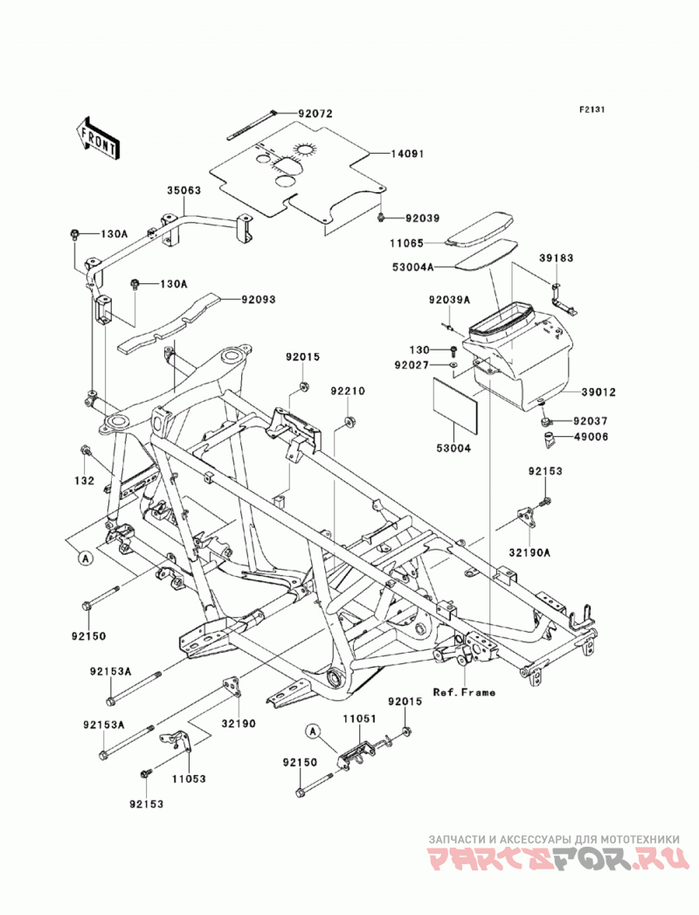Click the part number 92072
(x=315, y=114)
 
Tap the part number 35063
(x=184, y=191)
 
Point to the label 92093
(x=259, y=300)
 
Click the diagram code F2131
(x=591, y=109)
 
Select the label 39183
(x=556, y=258)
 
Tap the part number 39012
(x=598, y=392)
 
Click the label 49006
(x=591, y=436)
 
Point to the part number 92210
(x=348, y=391)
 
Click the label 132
(x=85, y=481)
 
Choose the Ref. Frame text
(x=464, y=693)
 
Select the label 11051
(x=359, y=719)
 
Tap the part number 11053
(x=189, y=779)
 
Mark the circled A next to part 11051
(x=314, y=730)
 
